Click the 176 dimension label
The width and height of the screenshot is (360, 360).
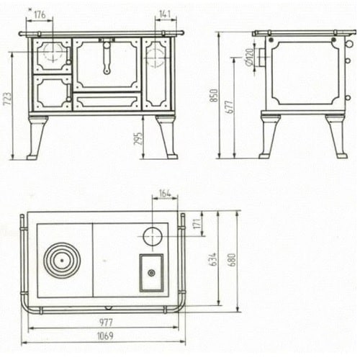click(40, 14)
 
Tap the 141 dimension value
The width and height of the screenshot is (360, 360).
click(165, 14)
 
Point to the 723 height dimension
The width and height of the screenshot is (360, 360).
click(7, 99)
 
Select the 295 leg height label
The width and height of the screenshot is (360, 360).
click(138, 138)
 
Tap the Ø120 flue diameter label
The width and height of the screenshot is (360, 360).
click(250, 57)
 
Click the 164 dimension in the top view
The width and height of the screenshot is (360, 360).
click(165, 193)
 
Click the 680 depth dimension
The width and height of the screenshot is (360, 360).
click(233, 260)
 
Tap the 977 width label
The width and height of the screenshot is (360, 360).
click(106, 323)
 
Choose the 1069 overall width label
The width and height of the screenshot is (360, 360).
click(105, 336)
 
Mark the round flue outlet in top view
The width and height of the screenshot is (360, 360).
click(153, 236)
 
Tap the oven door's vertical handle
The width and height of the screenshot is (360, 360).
click(107, 58)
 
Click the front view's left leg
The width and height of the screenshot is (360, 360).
click(37, 138)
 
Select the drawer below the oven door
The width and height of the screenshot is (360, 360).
click(107, 102)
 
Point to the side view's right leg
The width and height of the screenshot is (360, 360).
click(336, 136)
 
